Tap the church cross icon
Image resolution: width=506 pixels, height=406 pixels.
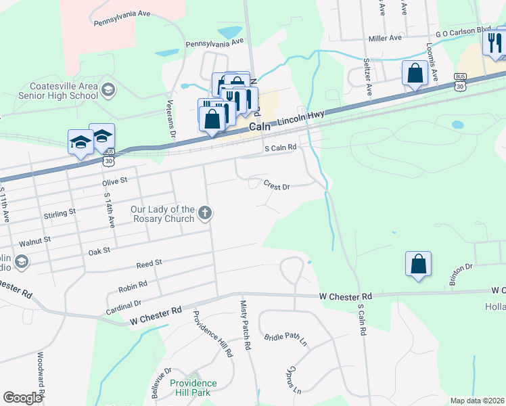pyautogui.click(x=205, y=215)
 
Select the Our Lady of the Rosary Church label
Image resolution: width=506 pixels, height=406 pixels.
pyautogui.click(x=163, y=215)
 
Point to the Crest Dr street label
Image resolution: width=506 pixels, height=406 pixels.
pyautogui.click(x=277, y=185)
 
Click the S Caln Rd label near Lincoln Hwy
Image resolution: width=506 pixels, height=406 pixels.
pyautogui.click(x=281, y=148)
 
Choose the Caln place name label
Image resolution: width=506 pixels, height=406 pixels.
pyautogui.click(x=260, y=127)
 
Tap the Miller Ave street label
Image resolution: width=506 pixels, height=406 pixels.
pyautogui.click(x=386, y=39)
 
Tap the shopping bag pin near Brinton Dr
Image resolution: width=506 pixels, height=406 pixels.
pyautogui.click(x=419, y=265)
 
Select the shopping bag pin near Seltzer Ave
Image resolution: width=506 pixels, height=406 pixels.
pyautogui.click(x=414, y=73)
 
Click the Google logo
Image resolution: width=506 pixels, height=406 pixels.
pyautogui.click(x=22, y=398)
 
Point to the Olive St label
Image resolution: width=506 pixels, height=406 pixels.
pyautogui.click(x=114, y=181)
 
